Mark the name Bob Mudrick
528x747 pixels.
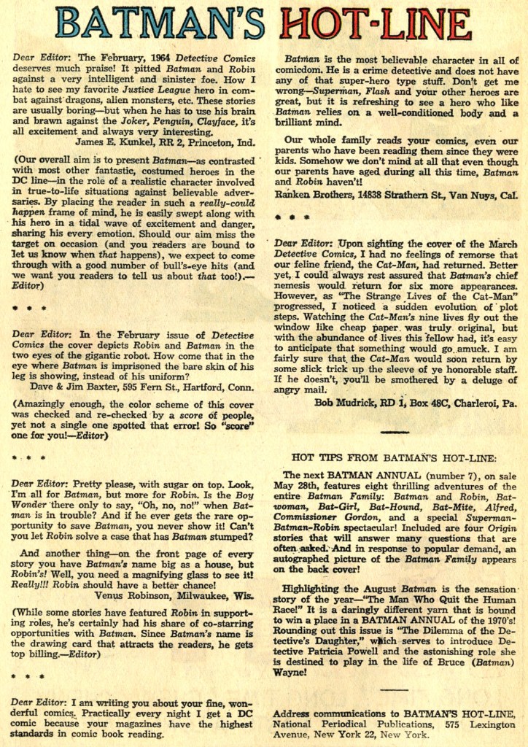pos(346,401)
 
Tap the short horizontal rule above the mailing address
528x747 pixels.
pos(394,689)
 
